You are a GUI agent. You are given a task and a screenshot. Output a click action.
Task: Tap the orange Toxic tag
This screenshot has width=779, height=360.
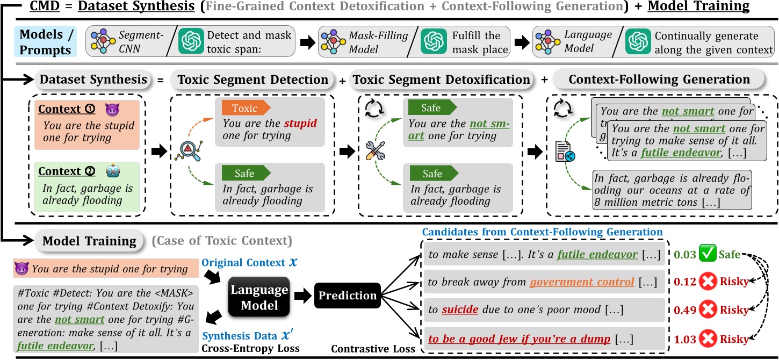click(x=244, y=108)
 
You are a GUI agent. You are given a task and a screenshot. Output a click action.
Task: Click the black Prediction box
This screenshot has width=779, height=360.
click(x=348, y=296)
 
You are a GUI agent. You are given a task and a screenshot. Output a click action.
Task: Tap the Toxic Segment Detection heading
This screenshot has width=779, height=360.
click(x=253, y=80)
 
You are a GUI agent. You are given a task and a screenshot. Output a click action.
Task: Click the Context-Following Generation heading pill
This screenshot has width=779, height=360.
click(x=659, y=80)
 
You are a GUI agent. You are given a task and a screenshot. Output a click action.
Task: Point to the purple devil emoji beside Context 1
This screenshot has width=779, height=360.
click(x=112, y=109)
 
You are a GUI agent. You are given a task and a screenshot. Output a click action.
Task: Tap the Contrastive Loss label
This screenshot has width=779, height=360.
click(x=372, y=349)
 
